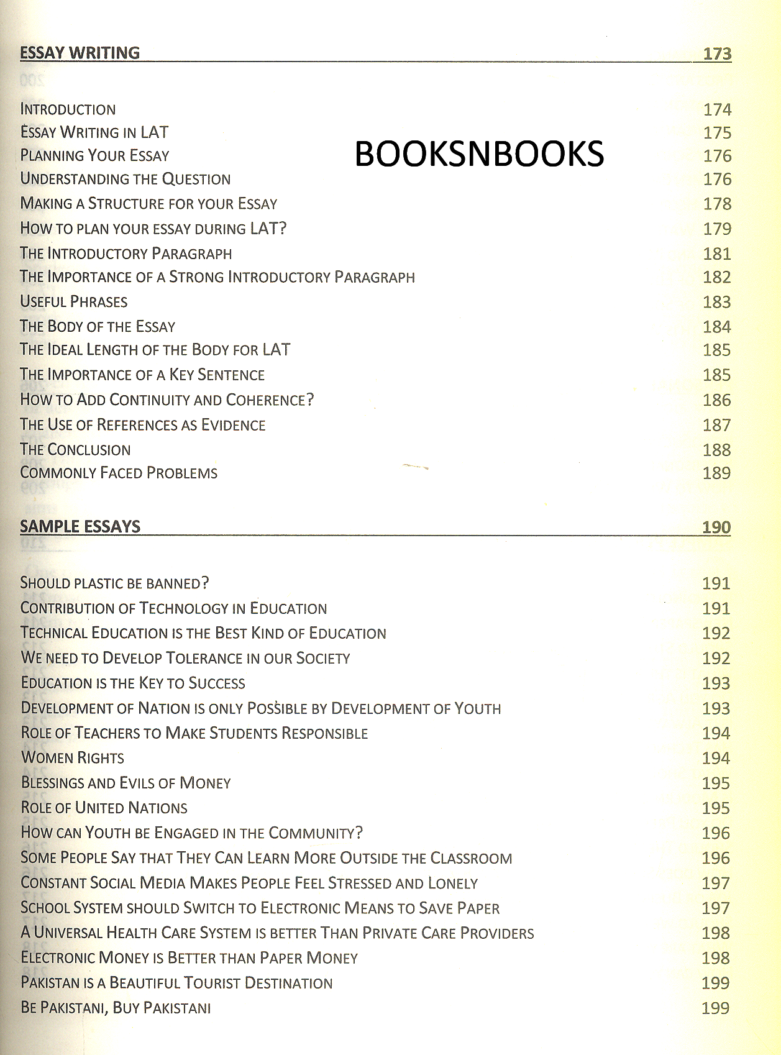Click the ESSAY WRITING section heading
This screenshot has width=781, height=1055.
[80, 53]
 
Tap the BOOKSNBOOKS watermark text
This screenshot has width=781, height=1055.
[478, 154]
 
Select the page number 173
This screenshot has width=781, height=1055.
[717, 53]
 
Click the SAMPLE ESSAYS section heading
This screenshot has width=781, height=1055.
[80, 527]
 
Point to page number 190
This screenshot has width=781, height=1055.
[716, 527]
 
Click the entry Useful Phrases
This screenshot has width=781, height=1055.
[73, 302]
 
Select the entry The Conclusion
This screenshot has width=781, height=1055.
[75, 450]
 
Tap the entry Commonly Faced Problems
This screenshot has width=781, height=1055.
[119, 473]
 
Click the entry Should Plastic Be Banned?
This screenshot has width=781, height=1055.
[114, 583]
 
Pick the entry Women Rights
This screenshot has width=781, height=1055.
[73, 758]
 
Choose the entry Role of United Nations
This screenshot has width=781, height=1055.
[104, 808]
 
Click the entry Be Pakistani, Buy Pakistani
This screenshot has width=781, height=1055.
[116, 1008]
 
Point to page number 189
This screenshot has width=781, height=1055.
[716, 473]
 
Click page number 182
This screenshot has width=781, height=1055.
[716, 277]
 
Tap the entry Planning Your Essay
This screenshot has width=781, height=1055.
[94, 155]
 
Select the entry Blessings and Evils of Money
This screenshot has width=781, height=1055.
[126, 783]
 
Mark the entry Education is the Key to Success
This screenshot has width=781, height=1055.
[133, 683]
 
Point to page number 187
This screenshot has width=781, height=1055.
[716, 425]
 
